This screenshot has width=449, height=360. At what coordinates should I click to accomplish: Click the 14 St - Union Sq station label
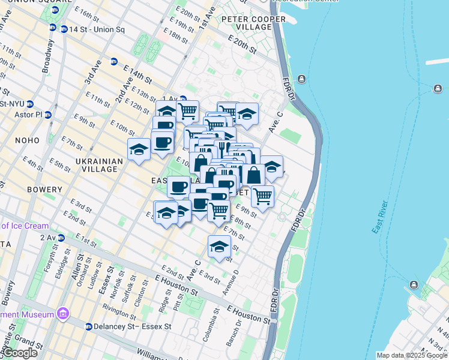pos(97,29)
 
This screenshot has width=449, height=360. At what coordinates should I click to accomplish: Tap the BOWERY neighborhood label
pos(44,190)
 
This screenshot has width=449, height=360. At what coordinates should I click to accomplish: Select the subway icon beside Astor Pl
pos(48,114)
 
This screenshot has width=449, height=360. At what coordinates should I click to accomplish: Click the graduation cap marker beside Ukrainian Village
pos(139,149)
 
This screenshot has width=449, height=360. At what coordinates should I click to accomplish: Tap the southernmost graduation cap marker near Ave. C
pos(220,246)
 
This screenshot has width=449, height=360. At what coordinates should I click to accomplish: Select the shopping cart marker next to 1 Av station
pos(188,111)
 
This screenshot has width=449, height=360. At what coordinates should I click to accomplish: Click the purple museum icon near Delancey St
pos(62,314)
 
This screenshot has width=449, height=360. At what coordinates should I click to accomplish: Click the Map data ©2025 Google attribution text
pos(411,355)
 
